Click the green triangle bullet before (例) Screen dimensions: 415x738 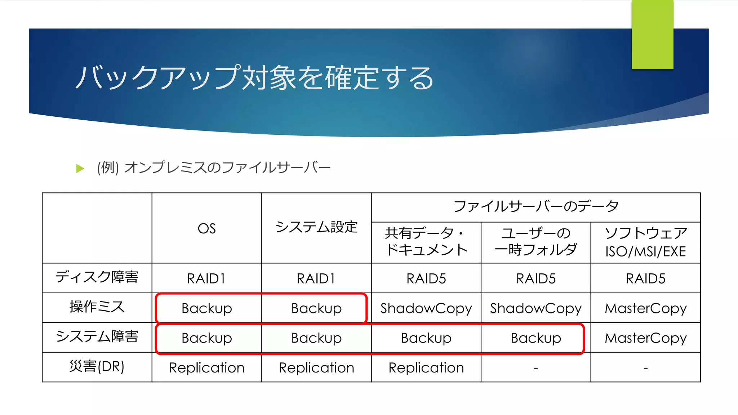coord(80,168)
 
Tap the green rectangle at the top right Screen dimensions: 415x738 coord(652,35)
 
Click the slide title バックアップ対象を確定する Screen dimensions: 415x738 coord(254,77)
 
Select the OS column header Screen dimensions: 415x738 coord(206,228)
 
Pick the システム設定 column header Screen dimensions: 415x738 coord(316,227)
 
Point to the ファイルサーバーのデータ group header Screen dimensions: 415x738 coord(536,206)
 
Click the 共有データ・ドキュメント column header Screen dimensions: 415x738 coord(426,241)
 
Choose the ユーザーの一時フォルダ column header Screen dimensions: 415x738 coord(536,241)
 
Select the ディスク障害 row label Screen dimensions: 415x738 coord(97,277)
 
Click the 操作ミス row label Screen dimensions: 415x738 coord(97,307)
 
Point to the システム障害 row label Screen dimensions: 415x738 coord(97,336)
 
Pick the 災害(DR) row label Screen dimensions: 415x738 coord(97,366)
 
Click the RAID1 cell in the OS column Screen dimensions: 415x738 coord(206,278)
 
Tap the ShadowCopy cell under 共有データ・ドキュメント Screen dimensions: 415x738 coord(426,308)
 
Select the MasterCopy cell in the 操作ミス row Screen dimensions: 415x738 coord(645,308)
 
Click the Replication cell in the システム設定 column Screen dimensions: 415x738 coord(316,368)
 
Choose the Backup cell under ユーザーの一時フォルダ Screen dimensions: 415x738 coord(536,338)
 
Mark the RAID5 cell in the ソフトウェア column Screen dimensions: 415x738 coord(645,278)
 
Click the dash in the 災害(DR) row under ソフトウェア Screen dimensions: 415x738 coord(645,369)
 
